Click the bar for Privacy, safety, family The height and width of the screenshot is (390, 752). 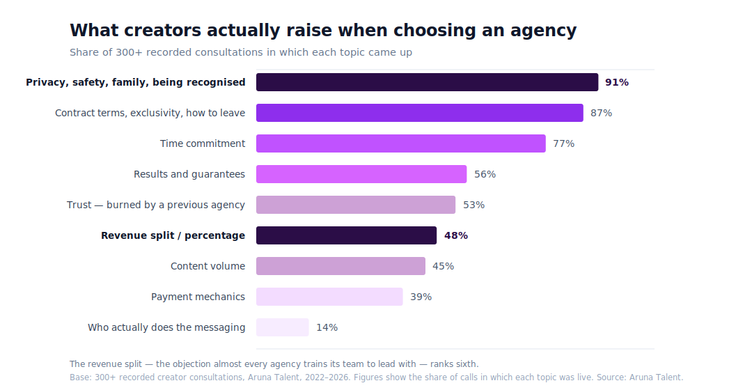coord(427,82)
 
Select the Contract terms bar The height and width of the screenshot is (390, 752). coord(420,113)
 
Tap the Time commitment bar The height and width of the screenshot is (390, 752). coord(401,143)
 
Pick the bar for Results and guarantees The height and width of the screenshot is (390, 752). coord(361,174)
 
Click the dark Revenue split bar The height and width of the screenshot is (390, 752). coord(346,235)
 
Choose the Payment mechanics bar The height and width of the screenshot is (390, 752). coord(329,297)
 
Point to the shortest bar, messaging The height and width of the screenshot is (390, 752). coord(283,327)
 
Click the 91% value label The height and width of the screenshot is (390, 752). coord(617,82)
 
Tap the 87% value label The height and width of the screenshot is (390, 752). coord(602,113)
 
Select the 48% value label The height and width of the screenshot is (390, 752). coord(456,235)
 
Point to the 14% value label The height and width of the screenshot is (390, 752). coord(327,327)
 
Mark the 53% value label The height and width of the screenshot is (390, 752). coord(474,205)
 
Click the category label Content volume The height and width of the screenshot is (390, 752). coord(207,266)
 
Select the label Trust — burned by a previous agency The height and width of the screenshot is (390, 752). coord(156,205)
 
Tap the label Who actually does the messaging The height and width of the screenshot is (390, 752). coord(166,327)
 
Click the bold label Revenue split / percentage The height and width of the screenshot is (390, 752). coord(173,235)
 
